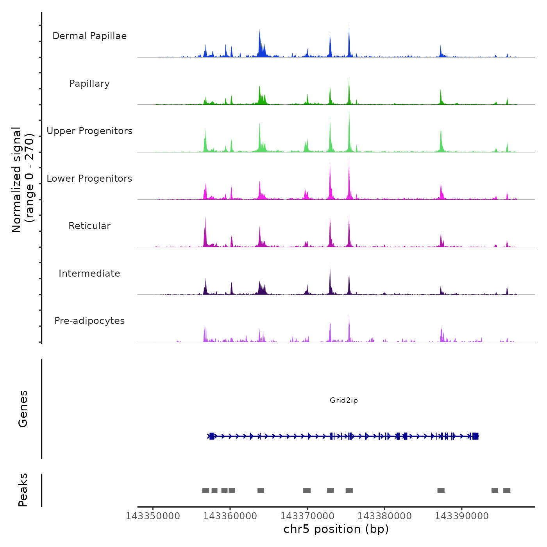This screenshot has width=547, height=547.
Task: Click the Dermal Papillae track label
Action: [89, 36]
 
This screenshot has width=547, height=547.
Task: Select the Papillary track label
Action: [89, 84]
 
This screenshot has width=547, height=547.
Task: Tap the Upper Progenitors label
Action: [89, 131]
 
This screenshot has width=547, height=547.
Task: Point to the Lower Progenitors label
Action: [89, 179]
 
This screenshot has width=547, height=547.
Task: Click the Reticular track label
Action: [89, 226]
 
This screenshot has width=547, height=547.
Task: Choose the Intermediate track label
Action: [89, 273]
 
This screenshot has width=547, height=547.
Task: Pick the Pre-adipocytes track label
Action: [89, 321]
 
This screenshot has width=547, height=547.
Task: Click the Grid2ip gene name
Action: [344, 400]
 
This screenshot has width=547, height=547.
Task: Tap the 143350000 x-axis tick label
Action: [153, 516]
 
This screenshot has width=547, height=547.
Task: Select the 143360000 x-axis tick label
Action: [230, 516]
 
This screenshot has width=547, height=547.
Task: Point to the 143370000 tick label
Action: [307, 516]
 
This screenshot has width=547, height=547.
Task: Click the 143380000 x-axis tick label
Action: [384, 516]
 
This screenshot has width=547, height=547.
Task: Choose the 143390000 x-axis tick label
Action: [462, 516]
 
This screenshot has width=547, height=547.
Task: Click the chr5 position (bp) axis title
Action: [336, 529]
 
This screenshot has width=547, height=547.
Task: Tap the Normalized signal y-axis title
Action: [23, 179]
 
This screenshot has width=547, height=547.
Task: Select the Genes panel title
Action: [23, 409]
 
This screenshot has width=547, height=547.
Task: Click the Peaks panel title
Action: [23, 490]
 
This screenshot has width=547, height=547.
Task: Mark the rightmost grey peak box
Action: [507, 490]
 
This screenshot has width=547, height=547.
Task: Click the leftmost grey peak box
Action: [206, 490]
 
